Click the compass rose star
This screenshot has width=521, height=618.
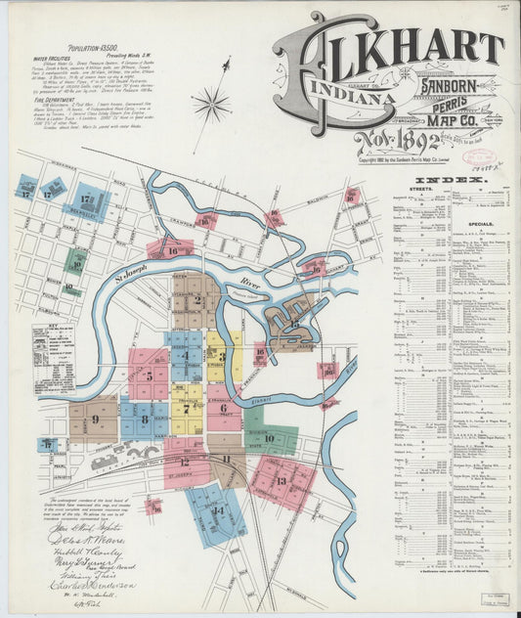tap(210, 103)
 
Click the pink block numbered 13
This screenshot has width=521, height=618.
tap(282, 480)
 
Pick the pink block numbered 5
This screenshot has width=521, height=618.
tap(149, 374)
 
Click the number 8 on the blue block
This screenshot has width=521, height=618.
tap(145, 419)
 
